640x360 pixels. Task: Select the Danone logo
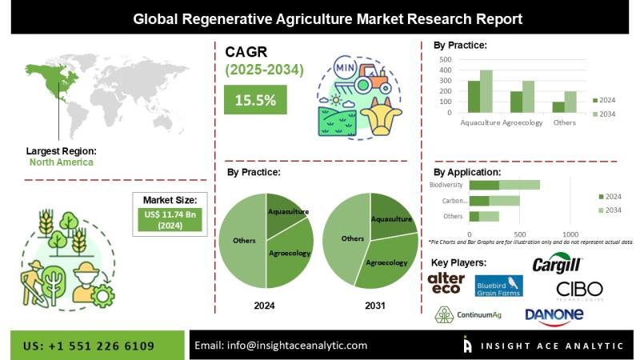554,315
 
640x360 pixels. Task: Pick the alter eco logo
446,282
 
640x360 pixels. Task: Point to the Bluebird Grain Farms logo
498,286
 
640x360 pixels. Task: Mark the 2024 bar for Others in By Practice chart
558,107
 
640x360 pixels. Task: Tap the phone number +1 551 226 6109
92,346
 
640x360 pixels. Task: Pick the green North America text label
61,162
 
